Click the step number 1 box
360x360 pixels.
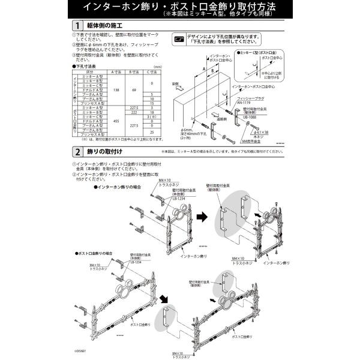pos(76,26)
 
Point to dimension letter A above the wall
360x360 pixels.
pos(205,69)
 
